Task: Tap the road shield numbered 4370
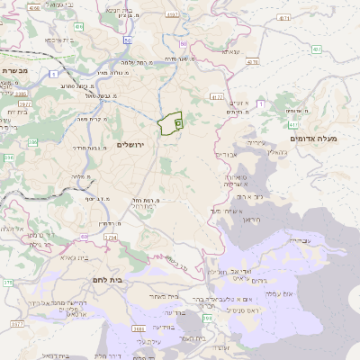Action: [x=252, y=62]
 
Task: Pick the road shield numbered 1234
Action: [x=111, y=238]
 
